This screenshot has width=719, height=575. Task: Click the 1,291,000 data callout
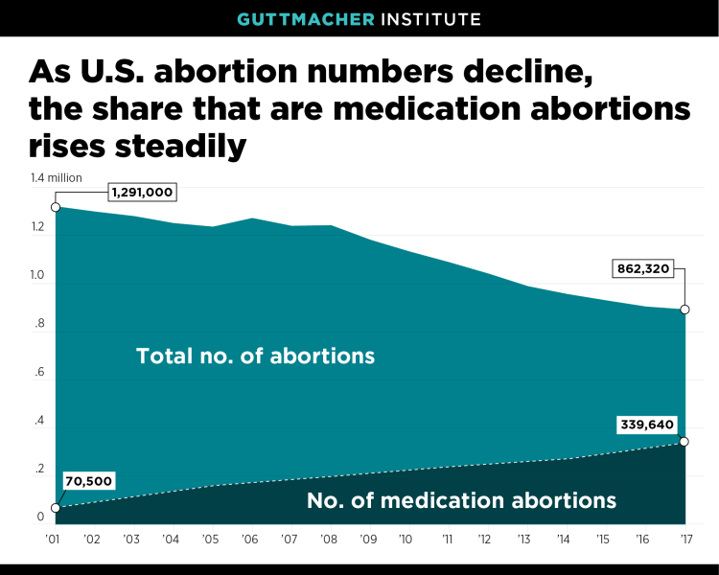pos(142,193)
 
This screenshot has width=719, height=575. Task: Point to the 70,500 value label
pos(88,481)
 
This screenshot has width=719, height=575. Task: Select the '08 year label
pos(330,540)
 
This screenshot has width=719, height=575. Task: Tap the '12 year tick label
pos(487,540)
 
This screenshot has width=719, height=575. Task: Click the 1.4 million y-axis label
pos(56,177)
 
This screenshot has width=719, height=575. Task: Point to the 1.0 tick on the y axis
pos(37,276)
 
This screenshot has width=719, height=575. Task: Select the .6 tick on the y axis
pos(39,373)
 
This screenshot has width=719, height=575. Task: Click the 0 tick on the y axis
pos(40,518)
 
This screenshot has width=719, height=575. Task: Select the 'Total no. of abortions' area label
pos(255,356)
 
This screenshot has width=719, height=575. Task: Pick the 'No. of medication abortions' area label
pos(460,500)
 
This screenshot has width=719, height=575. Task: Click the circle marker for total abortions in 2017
pos(684,310)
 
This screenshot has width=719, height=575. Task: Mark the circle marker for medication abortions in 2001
pos(56,507)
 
